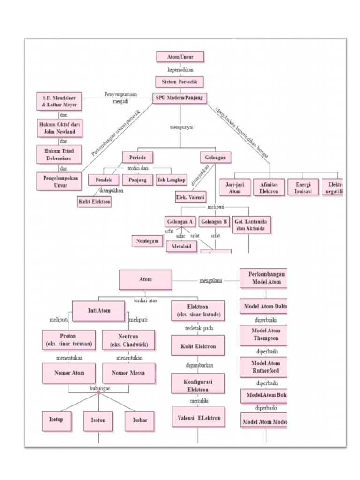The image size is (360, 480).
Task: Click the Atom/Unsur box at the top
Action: pyautogui.click(x=180, y=57)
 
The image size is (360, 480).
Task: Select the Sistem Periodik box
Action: pyautogui.click(x=180, y=82)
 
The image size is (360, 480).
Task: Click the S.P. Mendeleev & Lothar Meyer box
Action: pyautogui.click(x=59, y=102)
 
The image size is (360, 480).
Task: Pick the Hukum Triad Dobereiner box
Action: pyautogui.click(x=59, y=154)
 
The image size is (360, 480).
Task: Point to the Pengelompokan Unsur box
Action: pyautogui.click(x=59, y=180)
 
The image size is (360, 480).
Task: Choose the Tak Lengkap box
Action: pyautogui.click(x=171, y=180)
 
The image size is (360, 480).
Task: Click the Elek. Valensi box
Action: pyautogui.click(x=190, y=197)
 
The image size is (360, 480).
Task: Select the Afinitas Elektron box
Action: pyautogui.click(x=269, y=187)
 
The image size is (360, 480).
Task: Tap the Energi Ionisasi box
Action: pyautogui.click(x=302, y=187)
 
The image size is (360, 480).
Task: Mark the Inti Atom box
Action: pyautogui.click(x=98, y=310)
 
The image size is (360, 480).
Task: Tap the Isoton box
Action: pyautogui.click(x=98, y=420)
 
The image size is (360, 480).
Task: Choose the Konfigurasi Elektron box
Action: pyautogui.click(x=197, y=385)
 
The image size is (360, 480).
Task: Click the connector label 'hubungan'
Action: pyautogui.click(x=99, y=389)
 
